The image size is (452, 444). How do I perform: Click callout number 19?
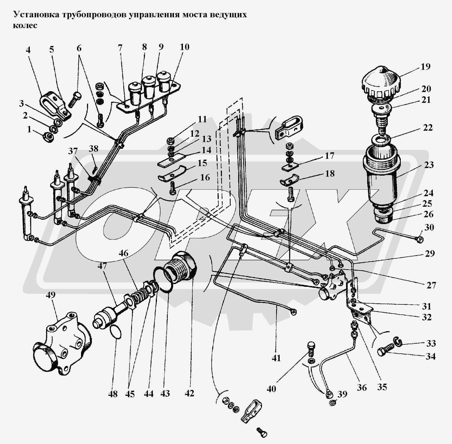[425, 67]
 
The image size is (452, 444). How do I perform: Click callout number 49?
[51, 295]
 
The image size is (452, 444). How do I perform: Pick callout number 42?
[189, 393]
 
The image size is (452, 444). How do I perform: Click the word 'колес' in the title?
[25, 26]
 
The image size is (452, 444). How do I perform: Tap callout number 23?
[429, 165]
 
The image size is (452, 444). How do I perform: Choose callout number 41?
[276, 358]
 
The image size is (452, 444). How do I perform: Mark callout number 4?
[28, 50]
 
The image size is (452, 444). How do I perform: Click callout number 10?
[184, 47]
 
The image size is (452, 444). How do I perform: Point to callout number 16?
[205, 177]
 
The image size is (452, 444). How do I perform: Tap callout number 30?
[429, 228]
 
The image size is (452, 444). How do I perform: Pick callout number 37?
[73, 151]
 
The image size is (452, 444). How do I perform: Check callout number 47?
[102, 266]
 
